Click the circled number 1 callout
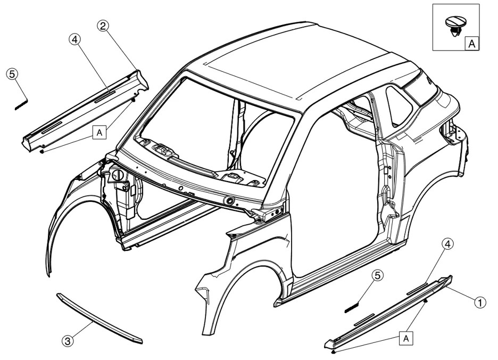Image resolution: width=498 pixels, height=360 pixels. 479,302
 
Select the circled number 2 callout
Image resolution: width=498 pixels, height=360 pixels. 103,24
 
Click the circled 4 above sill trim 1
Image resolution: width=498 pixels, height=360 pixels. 448,244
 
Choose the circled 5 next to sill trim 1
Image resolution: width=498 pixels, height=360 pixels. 377,275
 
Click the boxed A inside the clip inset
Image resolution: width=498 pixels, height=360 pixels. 471,44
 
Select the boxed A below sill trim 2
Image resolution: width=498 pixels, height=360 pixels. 98,132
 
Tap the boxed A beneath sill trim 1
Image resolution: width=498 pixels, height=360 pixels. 406,338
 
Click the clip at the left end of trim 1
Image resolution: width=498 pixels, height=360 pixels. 333,352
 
